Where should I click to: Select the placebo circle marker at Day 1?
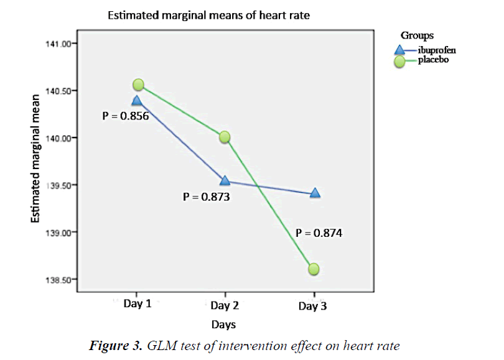(138, 85)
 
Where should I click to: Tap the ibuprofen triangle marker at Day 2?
(225, 180)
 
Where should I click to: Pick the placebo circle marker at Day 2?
(225, 137)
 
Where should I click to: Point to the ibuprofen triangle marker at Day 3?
(314, 193)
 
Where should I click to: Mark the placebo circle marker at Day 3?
(313, 269)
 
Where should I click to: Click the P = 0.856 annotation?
(125, 115)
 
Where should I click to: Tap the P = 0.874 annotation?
(319, 234)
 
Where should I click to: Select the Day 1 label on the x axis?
(137, 305)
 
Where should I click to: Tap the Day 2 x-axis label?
(224, 305)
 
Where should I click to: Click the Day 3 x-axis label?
(312, 306)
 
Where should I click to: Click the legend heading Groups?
(417, 35)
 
